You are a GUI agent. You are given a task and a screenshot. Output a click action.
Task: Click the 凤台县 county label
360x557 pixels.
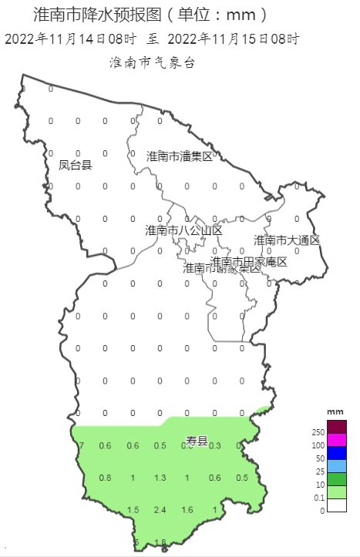76,164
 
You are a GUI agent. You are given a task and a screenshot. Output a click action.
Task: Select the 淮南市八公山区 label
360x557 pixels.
183,230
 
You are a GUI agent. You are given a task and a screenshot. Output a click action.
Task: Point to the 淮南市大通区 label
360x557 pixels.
287,240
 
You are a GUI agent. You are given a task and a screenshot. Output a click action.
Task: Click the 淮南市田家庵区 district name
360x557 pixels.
249,262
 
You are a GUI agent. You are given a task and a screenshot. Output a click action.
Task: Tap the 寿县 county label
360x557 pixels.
197,441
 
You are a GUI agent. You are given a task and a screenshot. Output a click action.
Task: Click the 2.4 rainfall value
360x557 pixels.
160,510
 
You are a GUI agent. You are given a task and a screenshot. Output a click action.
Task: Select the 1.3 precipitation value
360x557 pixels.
160,478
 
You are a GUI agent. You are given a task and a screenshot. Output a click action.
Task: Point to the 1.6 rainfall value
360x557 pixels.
187,510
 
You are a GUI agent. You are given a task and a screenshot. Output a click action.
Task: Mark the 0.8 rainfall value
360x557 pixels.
106,478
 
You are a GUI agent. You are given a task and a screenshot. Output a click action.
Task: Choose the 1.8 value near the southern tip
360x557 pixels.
160,542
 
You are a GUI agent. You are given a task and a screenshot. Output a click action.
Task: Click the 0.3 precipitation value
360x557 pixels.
215,446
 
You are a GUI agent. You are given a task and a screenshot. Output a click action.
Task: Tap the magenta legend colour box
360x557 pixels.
337,440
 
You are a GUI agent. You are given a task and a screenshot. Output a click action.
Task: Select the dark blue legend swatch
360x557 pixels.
337,453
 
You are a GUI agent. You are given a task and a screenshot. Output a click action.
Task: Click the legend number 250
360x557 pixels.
318,433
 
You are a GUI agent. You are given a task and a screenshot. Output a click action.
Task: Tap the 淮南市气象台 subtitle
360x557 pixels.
152,63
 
